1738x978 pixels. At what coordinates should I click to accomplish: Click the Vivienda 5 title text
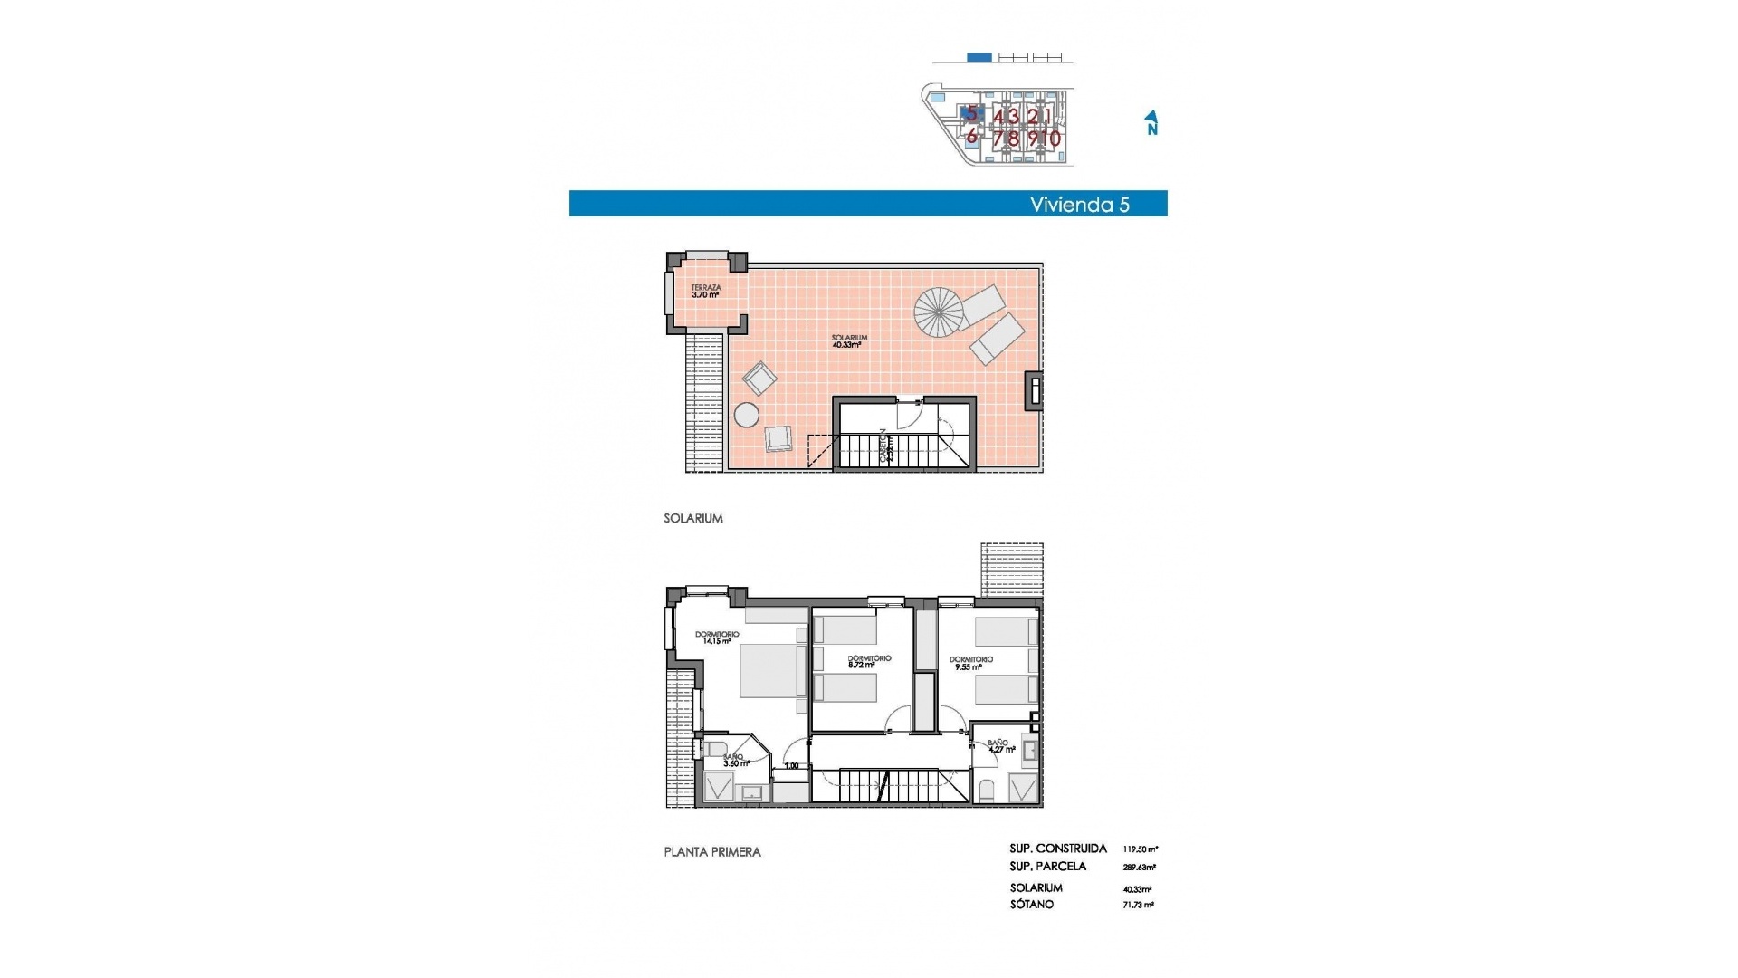click(1079, 205)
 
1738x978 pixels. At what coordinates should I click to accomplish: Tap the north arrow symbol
click(1151, 122)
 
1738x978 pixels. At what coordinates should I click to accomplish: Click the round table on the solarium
click(747, 415)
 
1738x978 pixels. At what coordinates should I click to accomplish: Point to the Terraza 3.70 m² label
click(705, 292)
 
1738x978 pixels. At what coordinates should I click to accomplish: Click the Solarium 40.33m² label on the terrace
click(848, 341)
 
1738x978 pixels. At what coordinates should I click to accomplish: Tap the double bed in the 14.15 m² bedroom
click(771, 670)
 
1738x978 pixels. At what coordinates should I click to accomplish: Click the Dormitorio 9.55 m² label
click(970, 664)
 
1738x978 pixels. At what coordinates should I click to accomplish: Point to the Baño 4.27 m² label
click(1000, 746)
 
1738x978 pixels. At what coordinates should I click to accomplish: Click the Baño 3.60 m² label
click(735, 760)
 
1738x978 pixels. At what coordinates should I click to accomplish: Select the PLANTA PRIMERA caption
click(711, 852)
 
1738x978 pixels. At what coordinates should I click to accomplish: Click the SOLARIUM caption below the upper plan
click(692, 519)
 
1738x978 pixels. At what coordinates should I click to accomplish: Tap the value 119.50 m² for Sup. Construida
click(1140, 849)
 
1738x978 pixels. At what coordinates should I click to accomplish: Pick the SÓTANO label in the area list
click(1031, 905)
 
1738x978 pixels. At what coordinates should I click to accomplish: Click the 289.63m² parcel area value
click(1139, 868)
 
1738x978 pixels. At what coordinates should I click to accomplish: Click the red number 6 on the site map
click(971, 137)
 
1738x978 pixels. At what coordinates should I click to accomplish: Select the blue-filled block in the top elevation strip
click(979, 58)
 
